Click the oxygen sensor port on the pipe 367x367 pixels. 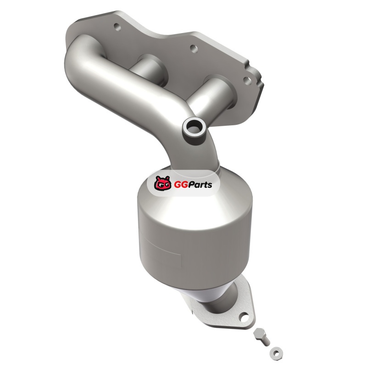pos(193,129)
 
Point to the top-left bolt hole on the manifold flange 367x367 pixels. pos(118,27)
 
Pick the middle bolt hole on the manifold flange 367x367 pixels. pos(193,49)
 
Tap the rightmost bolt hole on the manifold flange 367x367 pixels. pos(247,81)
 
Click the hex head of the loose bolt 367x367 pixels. pos(259,333)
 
